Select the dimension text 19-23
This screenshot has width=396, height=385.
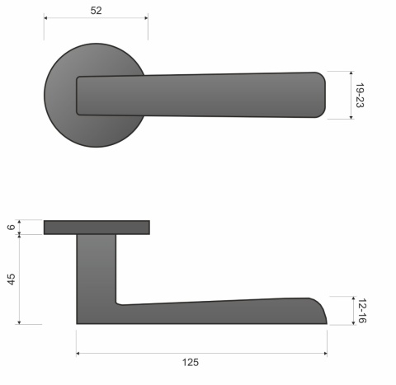(x=360, y=96)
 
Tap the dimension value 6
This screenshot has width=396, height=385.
(x=11, y=228)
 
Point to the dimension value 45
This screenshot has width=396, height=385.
(x=11, y=279)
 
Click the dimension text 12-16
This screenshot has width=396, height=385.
(x=361, y=310)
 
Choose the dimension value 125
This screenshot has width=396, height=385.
(x=191, y=362)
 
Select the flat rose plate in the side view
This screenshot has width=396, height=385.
(x=97, y=228)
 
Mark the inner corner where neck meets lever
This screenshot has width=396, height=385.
(x=118, y=301)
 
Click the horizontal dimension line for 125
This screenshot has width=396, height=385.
(x=247, y=353)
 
